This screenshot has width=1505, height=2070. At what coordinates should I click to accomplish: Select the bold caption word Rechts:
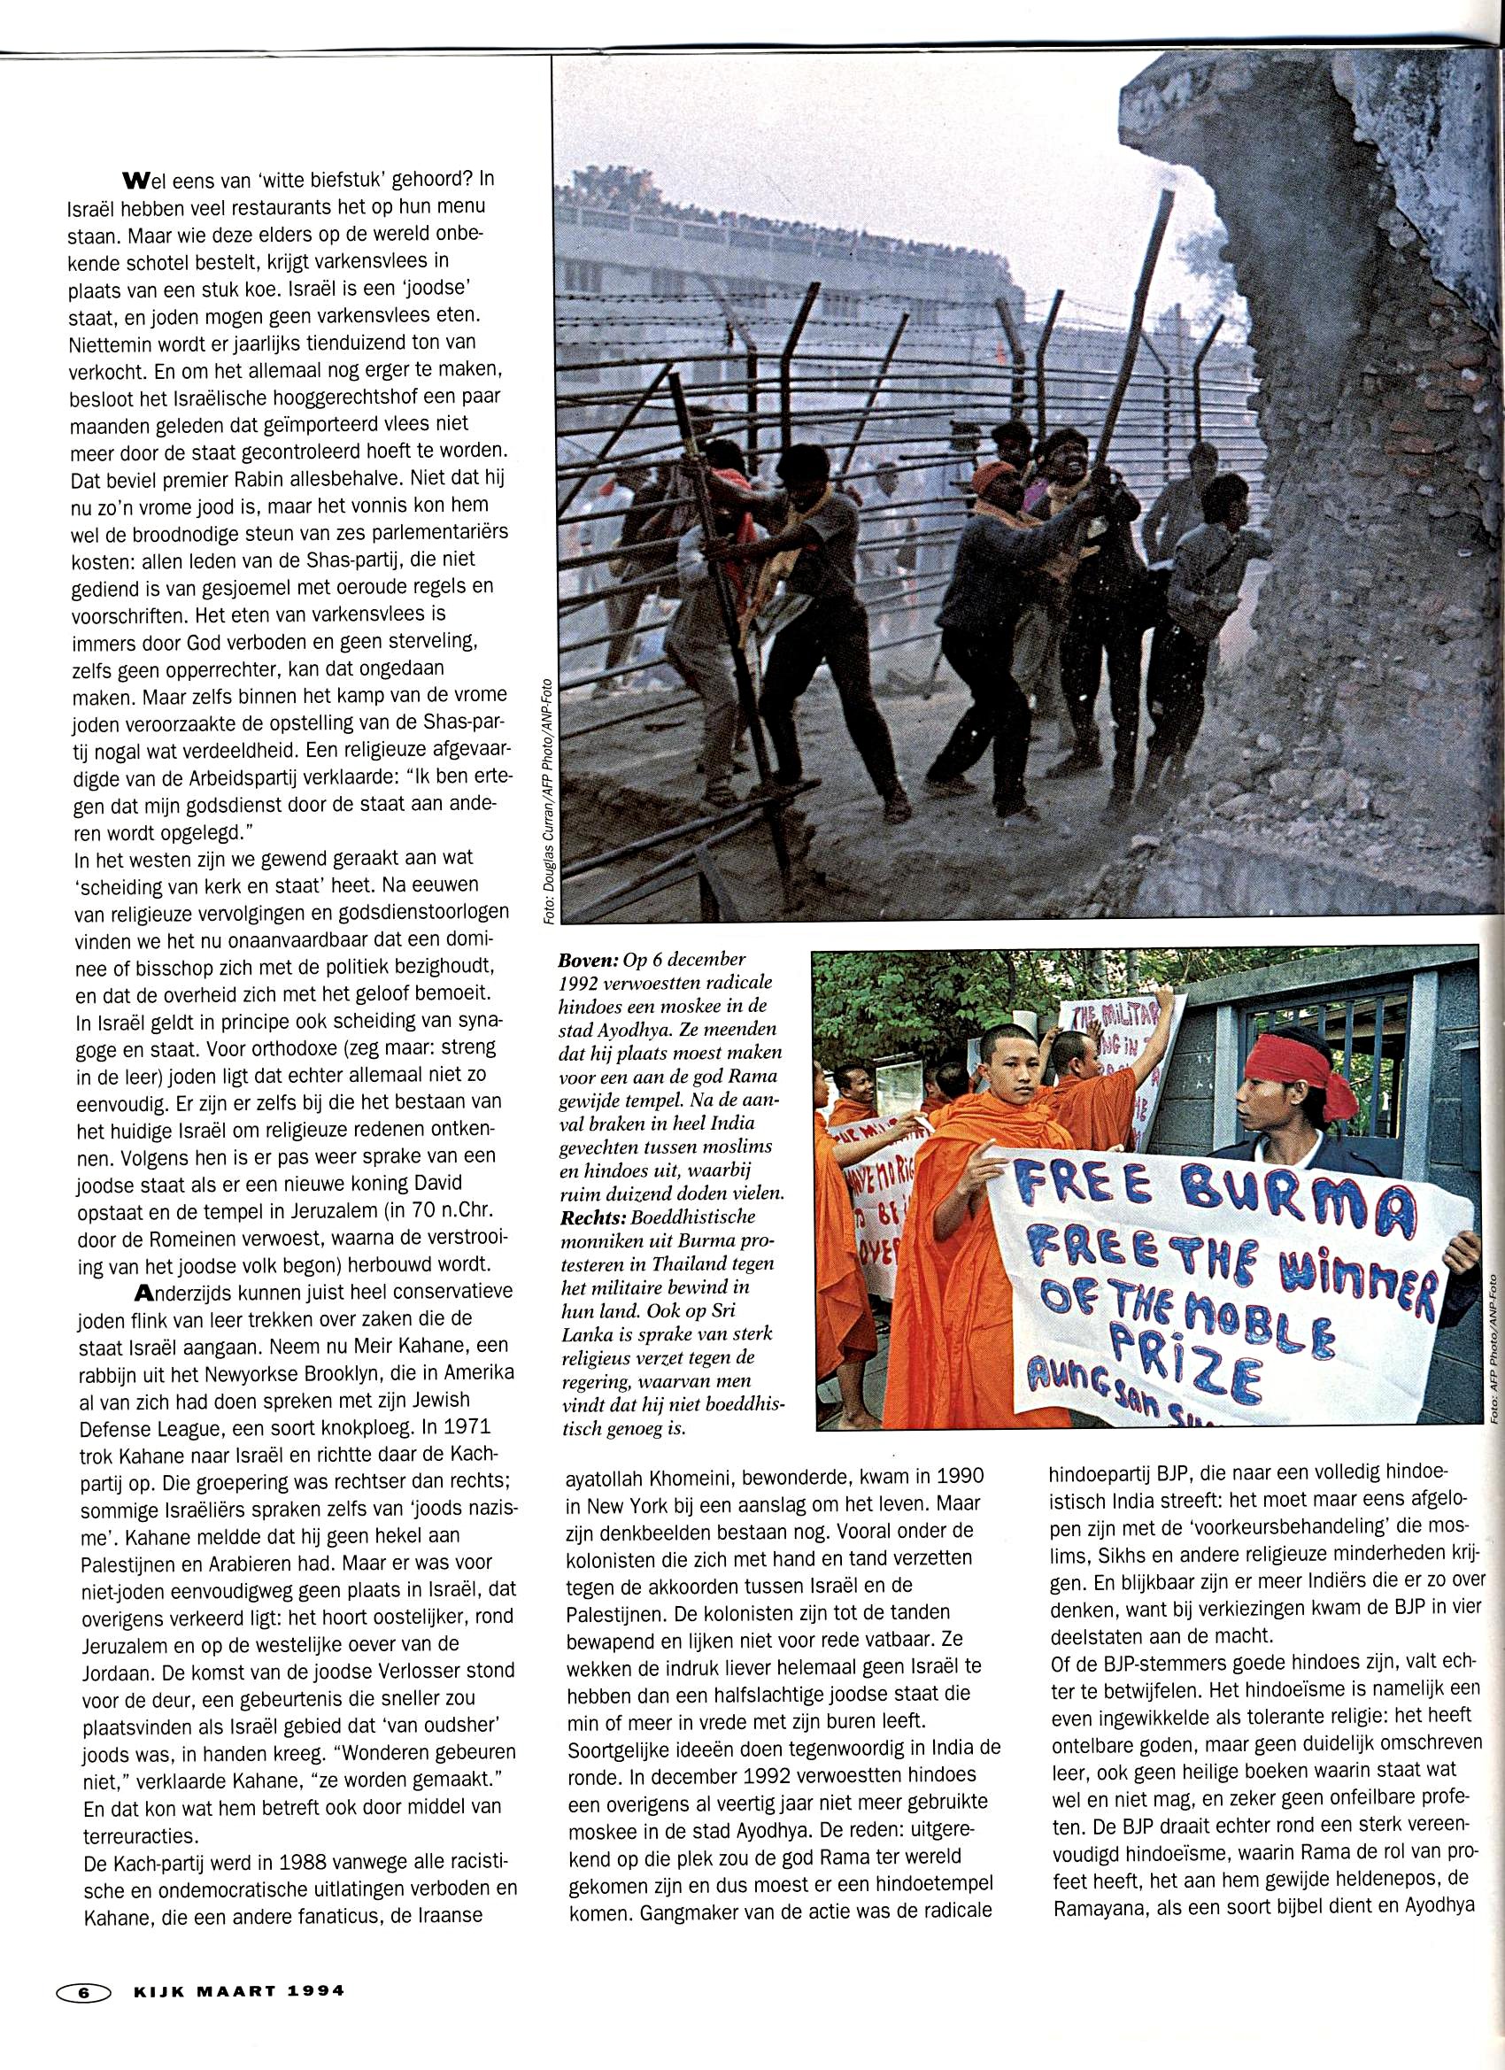(592, 1217)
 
